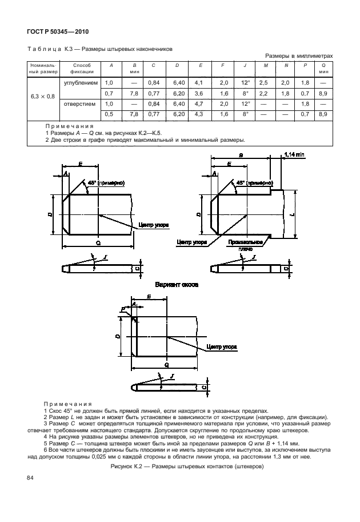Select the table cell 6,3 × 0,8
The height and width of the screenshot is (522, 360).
42,96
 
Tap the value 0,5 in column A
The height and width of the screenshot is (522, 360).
110,114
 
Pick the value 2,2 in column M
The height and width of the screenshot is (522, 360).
263,93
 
